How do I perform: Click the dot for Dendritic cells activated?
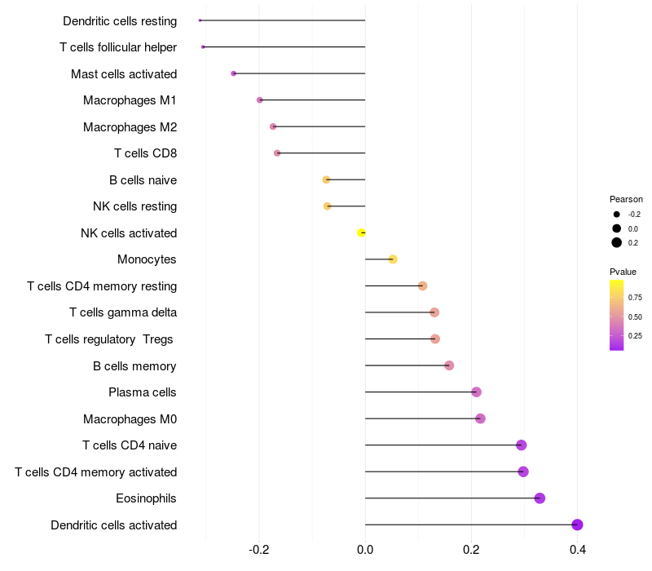point(577,525)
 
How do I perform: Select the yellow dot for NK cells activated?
point(362,232)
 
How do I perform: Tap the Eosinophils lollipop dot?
point(540,498)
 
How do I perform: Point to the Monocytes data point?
point(393,259)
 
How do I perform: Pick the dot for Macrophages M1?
point(260,100)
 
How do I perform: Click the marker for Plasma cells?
point(477,392)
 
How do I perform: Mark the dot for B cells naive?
point(326,179)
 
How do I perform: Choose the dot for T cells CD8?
point(277,153)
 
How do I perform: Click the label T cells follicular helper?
point(118,47)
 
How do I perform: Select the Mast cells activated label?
point(124,74)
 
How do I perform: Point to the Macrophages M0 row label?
point(130,419)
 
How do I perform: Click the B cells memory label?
point(134,366)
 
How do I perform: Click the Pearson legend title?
point(626,199)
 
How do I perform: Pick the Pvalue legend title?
point(623,272)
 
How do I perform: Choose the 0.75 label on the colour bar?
point(635,297)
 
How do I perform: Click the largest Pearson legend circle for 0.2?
point(617,242)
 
